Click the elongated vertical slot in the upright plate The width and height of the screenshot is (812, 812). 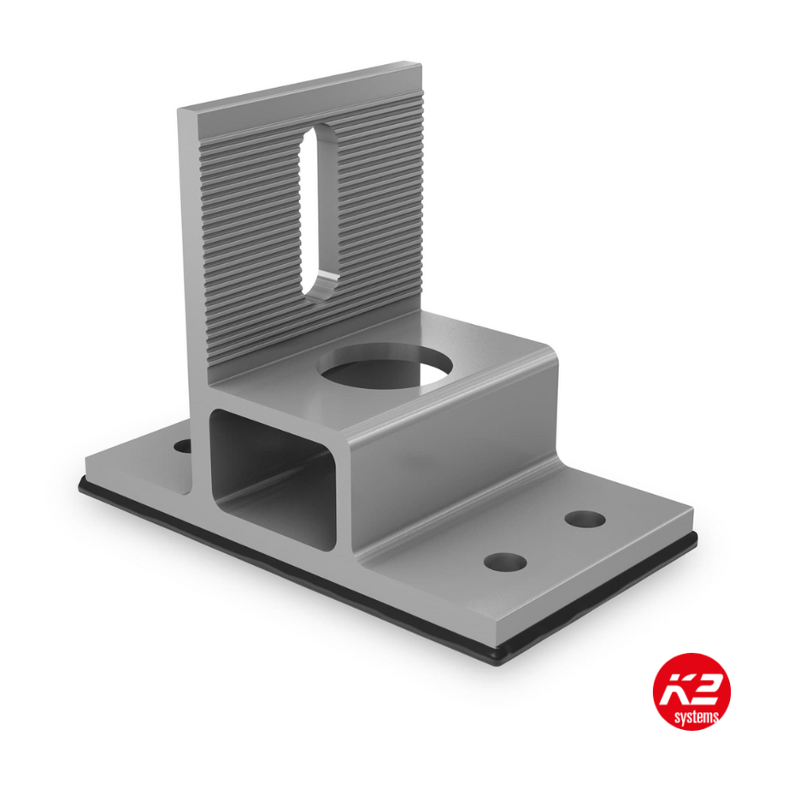click(x=318, y=209)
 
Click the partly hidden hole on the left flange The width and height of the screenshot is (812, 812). click(x=183, y=445)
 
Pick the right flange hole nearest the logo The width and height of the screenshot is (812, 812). click(x=505, y=562)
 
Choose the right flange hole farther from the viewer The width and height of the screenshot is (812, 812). click(x=585, y=519)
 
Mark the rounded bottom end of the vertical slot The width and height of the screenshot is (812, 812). click(x=318, y=289)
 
